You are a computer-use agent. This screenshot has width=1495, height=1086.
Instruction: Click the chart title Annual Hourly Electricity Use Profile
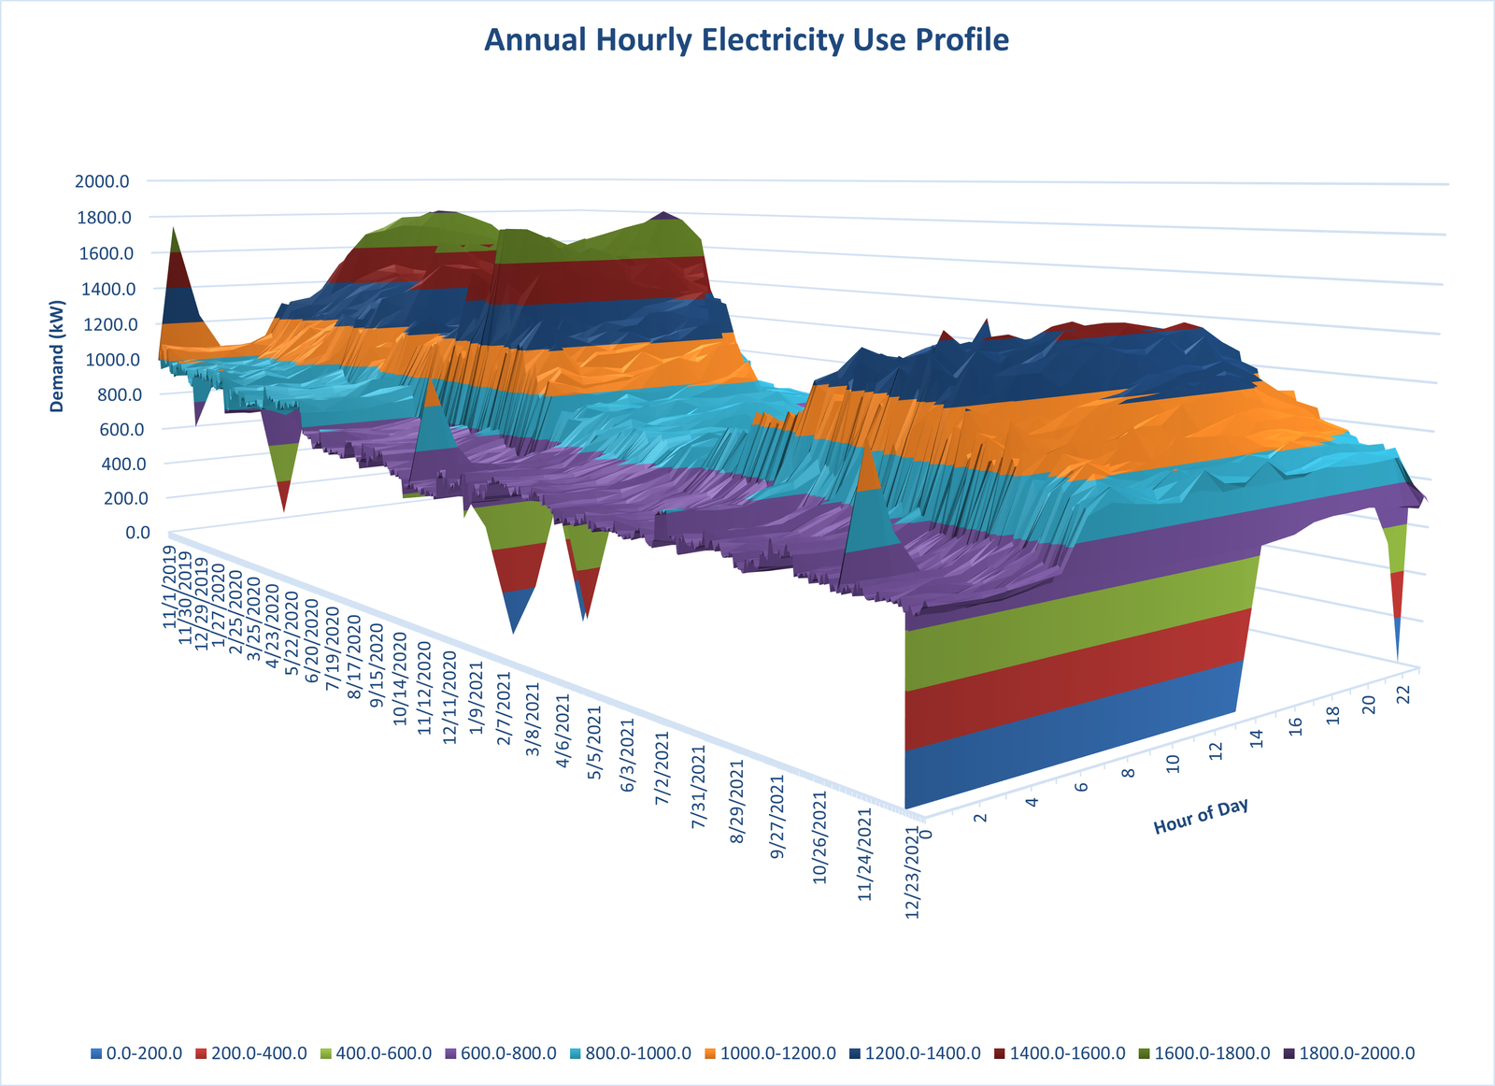[747, 40]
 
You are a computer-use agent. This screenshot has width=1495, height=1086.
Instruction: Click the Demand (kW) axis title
[58, 356]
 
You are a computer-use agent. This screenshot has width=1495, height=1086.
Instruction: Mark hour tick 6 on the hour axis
[1081, 785]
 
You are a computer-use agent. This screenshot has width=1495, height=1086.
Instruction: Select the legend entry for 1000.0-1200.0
[772, 1053]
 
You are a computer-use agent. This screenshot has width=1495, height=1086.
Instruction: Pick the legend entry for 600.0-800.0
[503, 1053]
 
